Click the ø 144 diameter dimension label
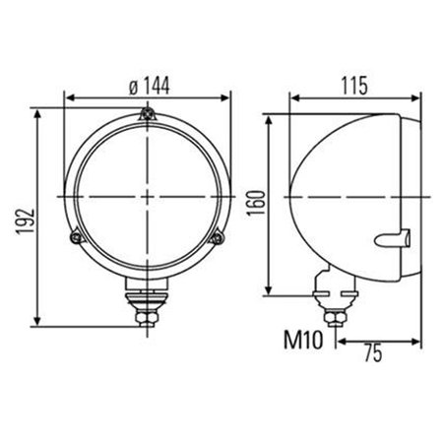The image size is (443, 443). click(150, 86)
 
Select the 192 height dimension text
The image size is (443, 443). click(26, 221)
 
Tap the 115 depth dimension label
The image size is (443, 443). click(354, 86)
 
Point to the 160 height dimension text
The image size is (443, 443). click(256, 203)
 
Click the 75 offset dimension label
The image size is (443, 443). click(374, 353)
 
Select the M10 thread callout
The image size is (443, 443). click(303, 340)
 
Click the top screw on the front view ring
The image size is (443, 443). click(148, 114)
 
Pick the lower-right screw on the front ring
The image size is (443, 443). click(218, 237)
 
